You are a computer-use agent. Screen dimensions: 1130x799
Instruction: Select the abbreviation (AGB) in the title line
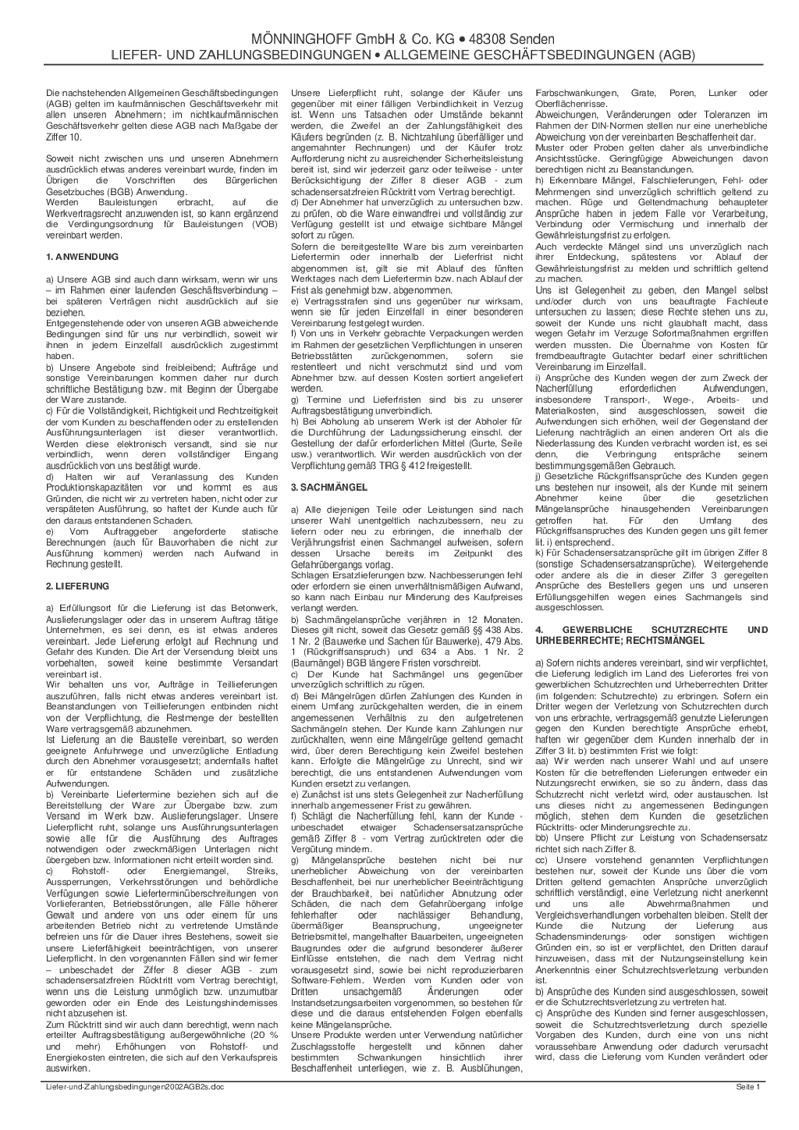[x=676, y=55]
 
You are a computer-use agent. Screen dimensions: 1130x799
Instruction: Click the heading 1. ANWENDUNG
[x=82, y=257]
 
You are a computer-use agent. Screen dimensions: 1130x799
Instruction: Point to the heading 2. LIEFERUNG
[x=78, y=586]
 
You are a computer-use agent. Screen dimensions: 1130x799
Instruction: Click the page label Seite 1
[x=748, y=1086]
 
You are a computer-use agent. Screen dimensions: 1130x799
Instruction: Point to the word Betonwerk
[x=254, y=608]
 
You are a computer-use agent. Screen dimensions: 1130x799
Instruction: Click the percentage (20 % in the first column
[x=261, y=1025]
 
